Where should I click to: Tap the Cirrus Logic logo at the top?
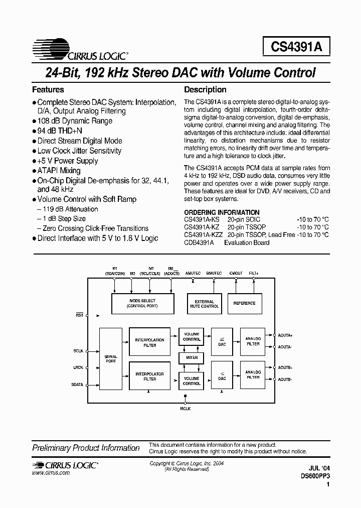click(80, 46)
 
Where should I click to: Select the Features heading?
click(48, 89)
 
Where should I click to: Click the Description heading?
click(205, 89)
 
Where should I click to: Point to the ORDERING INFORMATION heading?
click(222, 212)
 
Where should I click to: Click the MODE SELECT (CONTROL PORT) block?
click(142, 303)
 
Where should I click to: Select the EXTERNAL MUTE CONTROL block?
click(204, 303)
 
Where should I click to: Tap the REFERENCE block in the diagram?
click(245, 303)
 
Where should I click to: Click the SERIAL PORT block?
click(111, 358)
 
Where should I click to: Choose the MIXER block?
click(192, 358)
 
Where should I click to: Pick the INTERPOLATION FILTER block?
click(149, 342)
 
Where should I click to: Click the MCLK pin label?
click(186, 409)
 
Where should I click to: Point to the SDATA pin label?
click(78, 385)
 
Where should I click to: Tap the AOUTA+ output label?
click(285, 335)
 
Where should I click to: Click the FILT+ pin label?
click(253, 274)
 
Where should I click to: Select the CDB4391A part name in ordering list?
click(199, 242)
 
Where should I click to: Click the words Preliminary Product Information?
click(86, 448)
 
